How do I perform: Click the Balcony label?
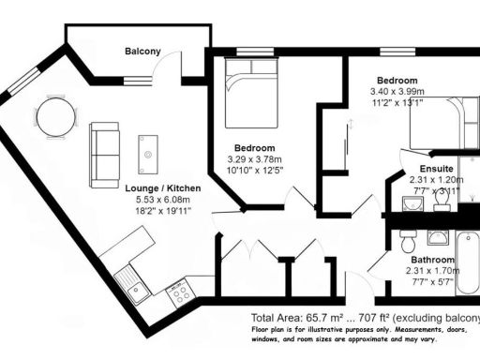point(142,52)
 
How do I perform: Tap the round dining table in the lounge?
point(55,117)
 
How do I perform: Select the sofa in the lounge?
point(103,153)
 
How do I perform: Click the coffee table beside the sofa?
point(148,150)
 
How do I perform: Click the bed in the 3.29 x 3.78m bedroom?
point(250,94)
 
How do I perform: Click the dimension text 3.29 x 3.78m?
point(255,159)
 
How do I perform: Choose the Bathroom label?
point(431,260)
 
